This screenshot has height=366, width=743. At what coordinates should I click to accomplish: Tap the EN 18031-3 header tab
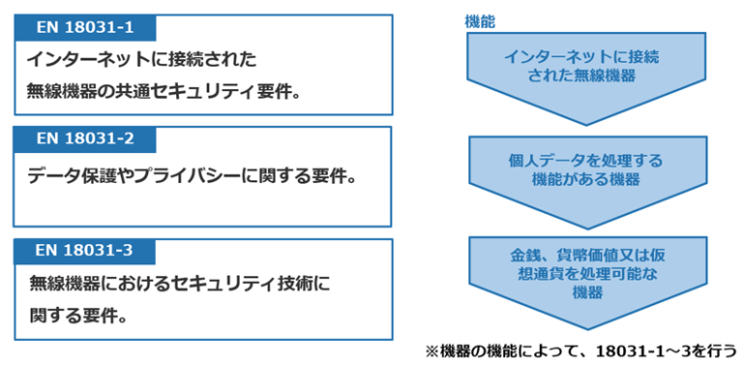click(x=85, y=252)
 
